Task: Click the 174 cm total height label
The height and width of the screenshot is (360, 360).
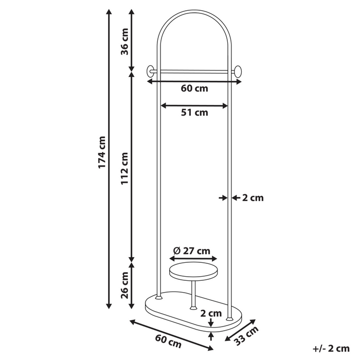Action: (x=102, y=153)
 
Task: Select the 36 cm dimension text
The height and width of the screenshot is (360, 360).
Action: (x=124, y=42)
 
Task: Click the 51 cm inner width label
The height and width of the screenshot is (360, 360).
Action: (x=194, y=113)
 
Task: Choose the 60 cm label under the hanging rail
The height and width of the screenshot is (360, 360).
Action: (x=194, y=88)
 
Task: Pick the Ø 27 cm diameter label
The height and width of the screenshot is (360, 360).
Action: (x=192, y=251)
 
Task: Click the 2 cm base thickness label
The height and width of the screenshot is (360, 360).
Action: (x=211, y=312)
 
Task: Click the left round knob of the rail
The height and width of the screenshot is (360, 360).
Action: (x=150, y=71)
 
